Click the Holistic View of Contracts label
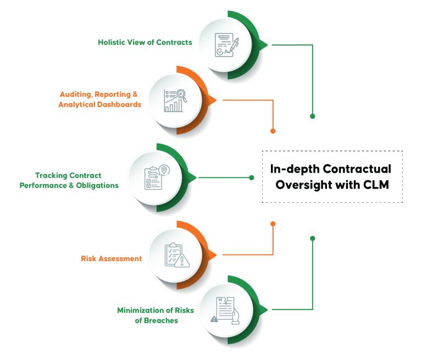coord(145,42)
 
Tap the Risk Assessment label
coord(111,258)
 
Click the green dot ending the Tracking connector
coord(252,178)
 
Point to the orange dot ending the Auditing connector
coord(273,131)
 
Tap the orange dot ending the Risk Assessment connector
coord(273,224)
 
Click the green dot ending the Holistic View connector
coord(313,117)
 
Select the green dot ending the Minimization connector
coord(313,239)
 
